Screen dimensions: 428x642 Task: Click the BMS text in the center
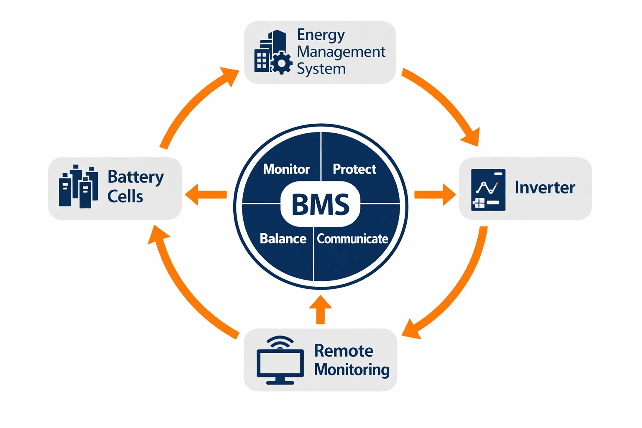tap(320, 204)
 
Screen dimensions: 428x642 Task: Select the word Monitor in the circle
tap(286, 169)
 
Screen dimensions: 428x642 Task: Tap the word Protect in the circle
tap(354, 169)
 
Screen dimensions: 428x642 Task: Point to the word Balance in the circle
tap(283, 239)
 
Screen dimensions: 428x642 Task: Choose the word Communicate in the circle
tap(352, 239)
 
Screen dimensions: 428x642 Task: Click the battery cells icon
tap(78, 187)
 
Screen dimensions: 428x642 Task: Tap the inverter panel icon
tap(488, 189)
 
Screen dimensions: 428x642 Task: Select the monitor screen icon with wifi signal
tap(280, 362)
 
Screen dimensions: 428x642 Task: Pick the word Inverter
tap(545, 187)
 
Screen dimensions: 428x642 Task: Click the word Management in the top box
tap(341, 52)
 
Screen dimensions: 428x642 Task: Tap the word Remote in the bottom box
tap(344, 351)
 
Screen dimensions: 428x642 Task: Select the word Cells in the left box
tap(125, 196)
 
